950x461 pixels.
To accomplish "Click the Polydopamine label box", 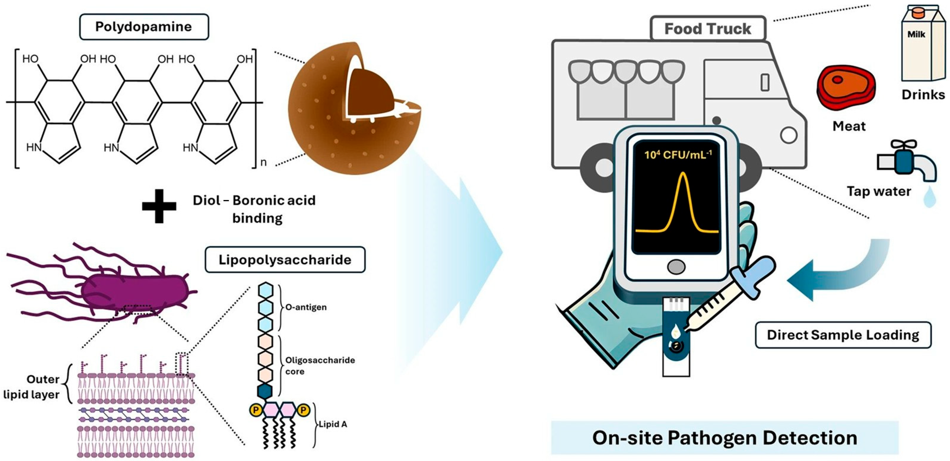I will [144, 27].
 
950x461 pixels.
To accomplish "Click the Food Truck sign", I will [707, 29].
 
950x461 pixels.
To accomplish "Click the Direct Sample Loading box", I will [843, 335].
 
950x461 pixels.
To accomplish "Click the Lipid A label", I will [333, 424].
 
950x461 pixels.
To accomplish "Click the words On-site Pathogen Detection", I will [724, 438].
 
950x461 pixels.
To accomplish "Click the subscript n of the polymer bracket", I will [263, 162].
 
